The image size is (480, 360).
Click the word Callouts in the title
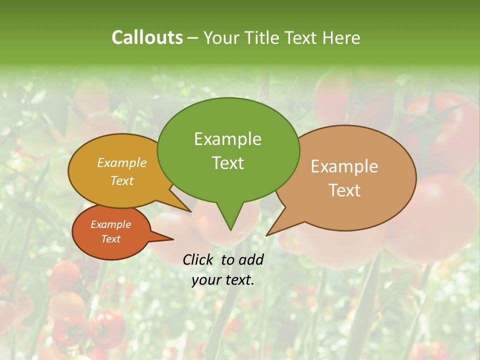tap(147, 37)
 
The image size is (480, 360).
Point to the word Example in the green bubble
tap(228, 138)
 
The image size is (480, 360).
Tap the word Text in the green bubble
tap(228, 162)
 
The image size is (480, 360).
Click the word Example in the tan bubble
tap(344, 166)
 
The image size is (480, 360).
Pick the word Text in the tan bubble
tap(344, 190)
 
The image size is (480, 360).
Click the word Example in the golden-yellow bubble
tap(122, 162)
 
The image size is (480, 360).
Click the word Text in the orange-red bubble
tap(111, 239)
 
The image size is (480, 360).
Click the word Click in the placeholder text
tap(199, 259)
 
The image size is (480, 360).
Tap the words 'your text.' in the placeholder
tap(223, 280)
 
